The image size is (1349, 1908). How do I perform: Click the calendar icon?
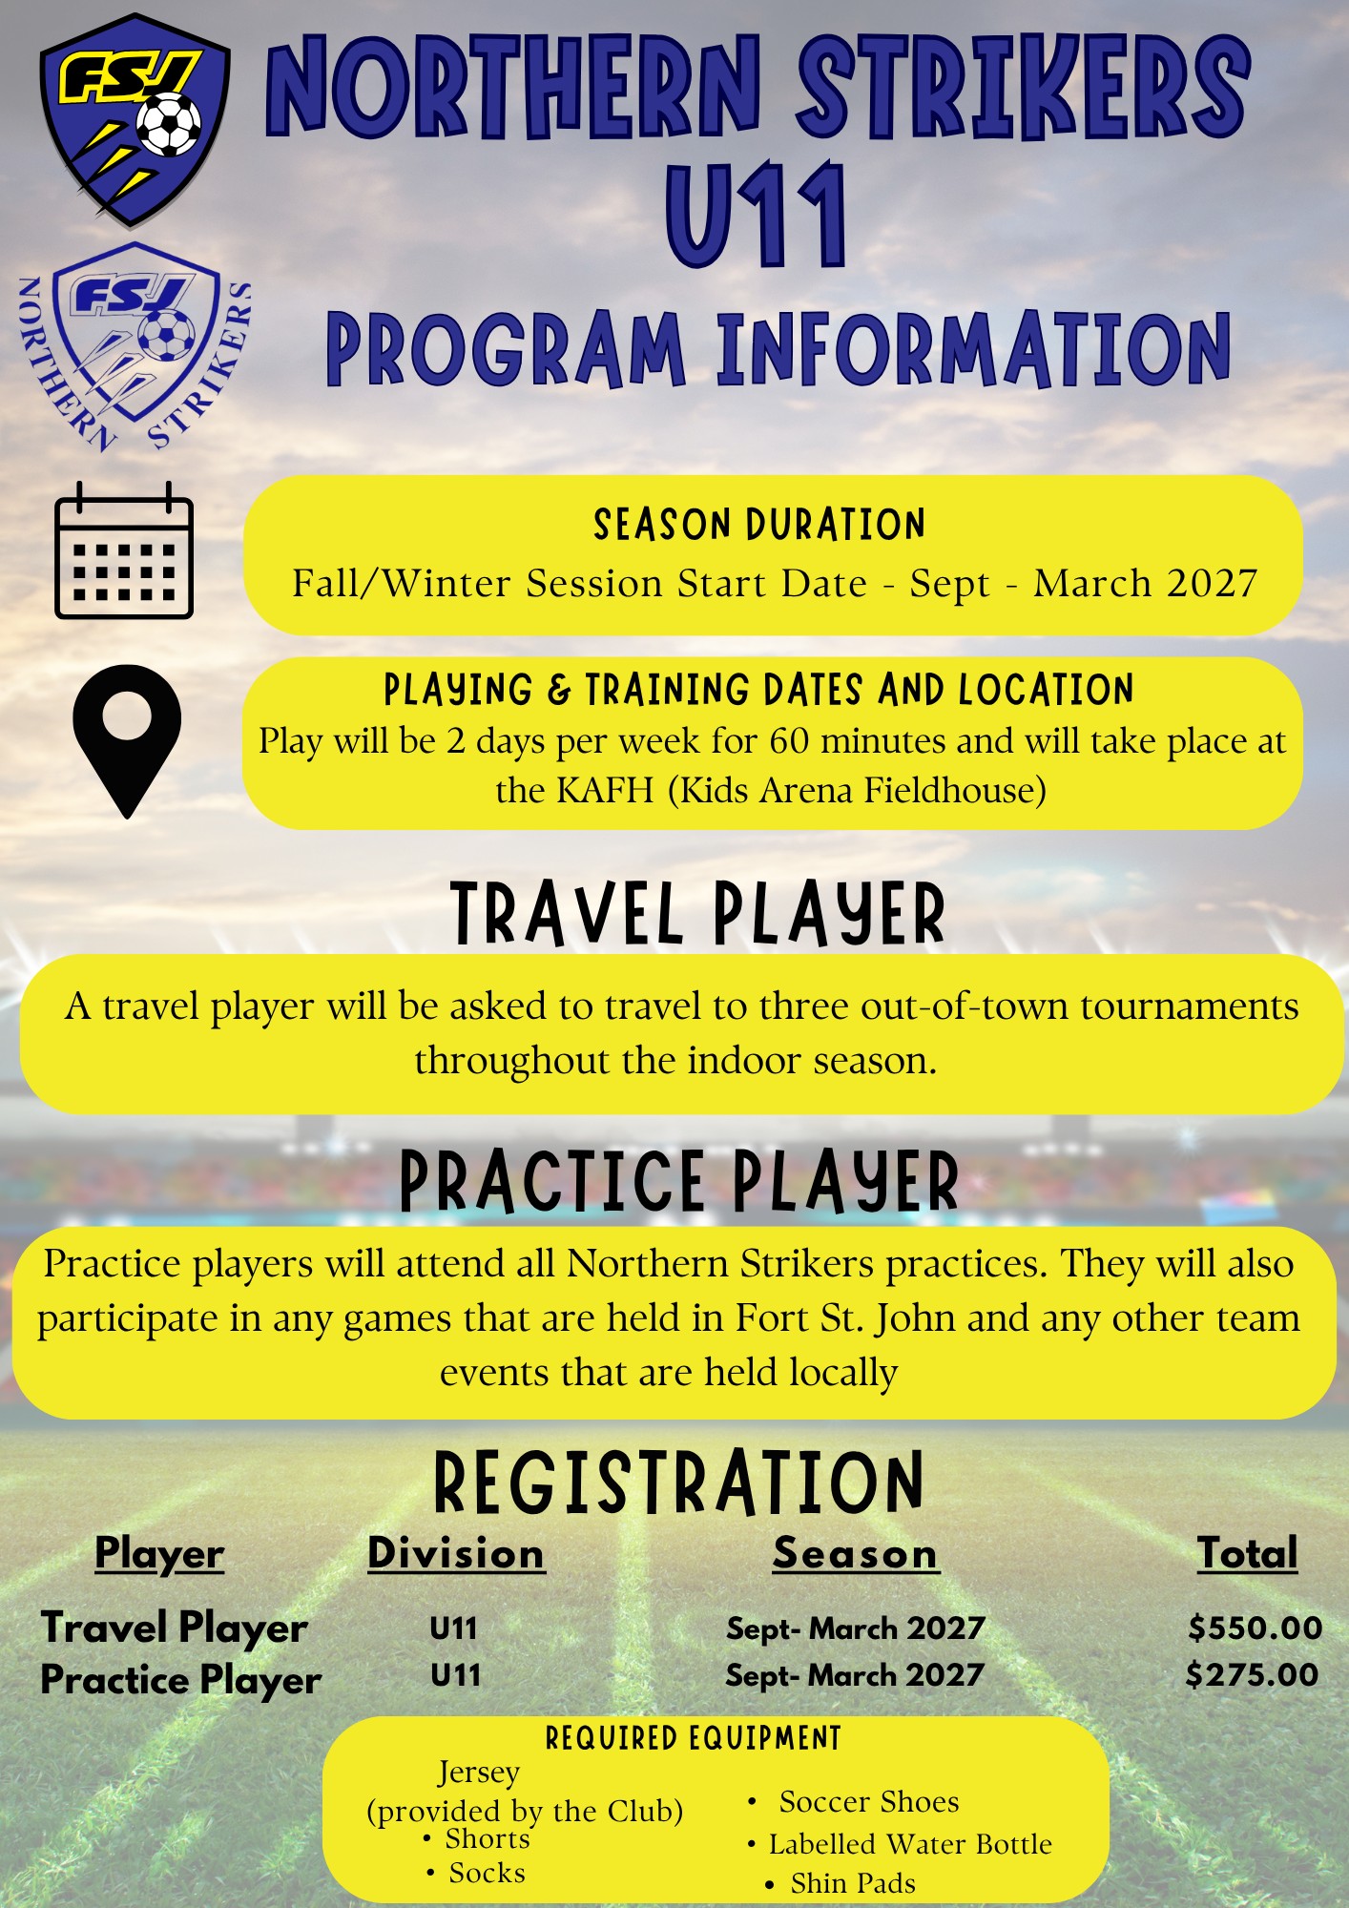[x=124, y=550]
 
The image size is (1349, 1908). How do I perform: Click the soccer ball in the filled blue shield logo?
[x=169, y=124]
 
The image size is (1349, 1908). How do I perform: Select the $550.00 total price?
[x=1256, y=1628]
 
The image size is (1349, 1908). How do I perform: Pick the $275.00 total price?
[x=1253, y=1674]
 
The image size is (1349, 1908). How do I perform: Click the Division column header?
[x=456, y=1553]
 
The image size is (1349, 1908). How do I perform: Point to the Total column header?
[x=1248, y=1553]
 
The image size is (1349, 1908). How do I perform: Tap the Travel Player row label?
[x=175, y=1628]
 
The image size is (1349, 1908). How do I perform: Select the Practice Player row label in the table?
[x=181, y=1680]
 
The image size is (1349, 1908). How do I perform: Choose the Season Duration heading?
[x=759, y=525]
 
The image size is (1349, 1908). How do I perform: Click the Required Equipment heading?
[x=694, y=1738]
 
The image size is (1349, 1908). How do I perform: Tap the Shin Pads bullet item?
[x=853, y=1883]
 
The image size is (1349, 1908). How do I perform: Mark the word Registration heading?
[x=678, y=1483]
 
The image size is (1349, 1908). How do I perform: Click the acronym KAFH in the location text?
[x=605, y=790]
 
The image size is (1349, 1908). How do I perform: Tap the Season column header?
[x=855, y=1553]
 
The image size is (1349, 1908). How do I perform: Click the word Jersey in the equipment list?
[x=479, y=1773]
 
